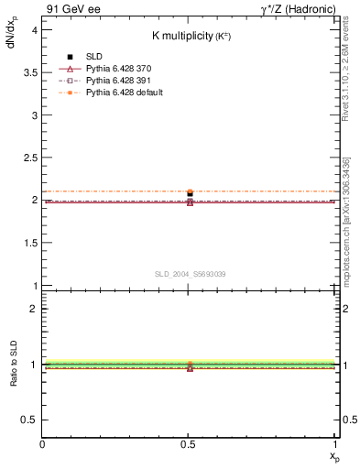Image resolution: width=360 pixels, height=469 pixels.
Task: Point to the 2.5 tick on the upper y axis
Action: (30, 157)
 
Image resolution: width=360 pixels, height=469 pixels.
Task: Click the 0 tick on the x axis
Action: (42, 445)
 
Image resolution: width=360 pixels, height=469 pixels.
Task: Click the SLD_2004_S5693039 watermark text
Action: (190, 274)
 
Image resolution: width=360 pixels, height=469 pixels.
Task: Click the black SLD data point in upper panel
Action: (190, 194)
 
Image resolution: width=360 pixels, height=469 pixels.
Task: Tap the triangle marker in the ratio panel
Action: (190, 367)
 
